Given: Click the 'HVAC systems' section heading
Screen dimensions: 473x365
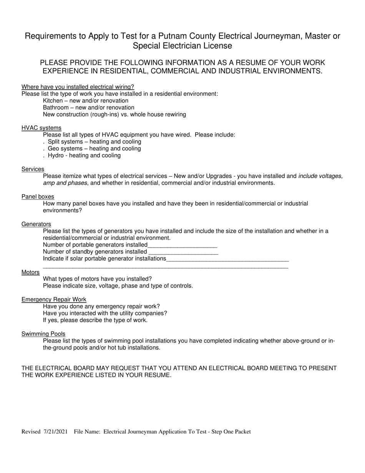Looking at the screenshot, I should [41, 128].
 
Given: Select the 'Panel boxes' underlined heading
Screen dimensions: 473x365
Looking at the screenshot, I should [38, 197].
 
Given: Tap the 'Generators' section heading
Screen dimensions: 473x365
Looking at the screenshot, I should [36, 224].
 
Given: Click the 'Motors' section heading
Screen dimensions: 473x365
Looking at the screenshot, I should [30, 272].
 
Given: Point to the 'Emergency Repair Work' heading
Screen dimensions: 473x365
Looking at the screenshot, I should [54, 300].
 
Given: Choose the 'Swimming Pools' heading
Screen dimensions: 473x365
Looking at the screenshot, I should [43, 334].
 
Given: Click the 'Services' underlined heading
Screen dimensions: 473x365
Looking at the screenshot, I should [33, 169].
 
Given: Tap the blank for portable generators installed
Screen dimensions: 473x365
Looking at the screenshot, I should [182, 245].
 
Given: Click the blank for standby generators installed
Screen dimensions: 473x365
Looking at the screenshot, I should [183, 252].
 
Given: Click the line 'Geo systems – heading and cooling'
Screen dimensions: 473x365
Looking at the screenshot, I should [94, 148].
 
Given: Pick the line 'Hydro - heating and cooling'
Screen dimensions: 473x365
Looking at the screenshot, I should [84, 155].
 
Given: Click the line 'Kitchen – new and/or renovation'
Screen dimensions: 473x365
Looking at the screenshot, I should [86, 101].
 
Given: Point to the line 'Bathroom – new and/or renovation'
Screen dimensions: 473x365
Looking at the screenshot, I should [88, 108].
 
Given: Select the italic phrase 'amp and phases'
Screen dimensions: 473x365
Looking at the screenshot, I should [65, 183].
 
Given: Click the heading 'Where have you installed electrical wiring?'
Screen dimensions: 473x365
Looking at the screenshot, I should [78, 87].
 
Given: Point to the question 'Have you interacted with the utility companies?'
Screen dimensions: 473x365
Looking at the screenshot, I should [105, 313].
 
